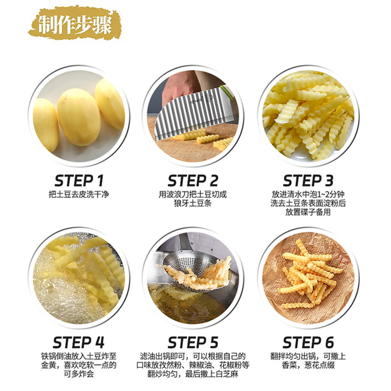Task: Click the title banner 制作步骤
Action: tap(75, 24)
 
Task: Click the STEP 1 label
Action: tap(79, 181)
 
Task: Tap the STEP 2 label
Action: tap(193, 181)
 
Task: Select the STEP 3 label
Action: tap(308, 181)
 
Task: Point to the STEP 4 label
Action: tap(79, 343)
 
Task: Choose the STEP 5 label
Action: tap(193, 343)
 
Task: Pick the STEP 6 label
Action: tap(308, 343)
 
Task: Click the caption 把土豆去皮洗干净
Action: tap(79, 195)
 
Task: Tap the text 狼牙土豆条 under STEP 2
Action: tap(193, 203)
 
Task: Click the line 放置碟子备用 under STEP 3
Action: tap(308, 212)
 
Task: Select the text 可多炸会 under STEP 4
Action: tap(79, 374)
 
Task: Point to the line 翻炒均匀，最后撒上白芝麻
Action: tap(193, 374)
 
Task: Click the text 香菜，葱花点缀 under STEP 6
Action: tap(308, 365)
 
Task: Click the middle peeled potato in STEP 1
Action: tap(79, 117)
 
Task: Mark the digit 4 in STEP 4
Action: tap(100, 343)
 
